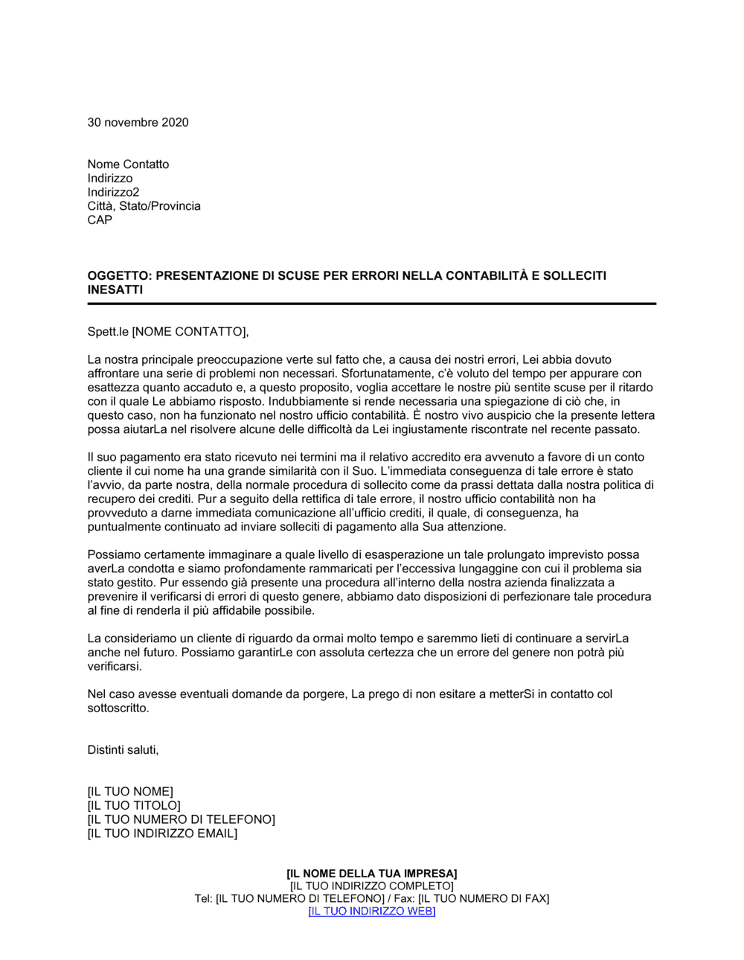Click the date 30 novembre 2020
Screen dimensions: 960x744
coord(138,123)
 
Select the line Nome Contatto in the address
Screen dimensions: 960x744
coord(128,164)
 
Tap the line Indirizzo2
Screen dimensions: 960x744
coord(113,192)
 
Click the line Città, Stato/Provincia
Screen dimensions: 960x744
coord(144,206)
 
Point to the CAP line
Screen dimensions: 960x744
coord(100,220)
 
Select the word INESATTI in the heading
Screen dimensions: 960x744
coord(115,290)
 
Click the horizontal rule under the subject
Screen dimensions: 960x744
coord(372,304)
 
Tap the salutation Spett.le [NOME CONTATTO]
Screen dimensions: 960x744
coord(168,332)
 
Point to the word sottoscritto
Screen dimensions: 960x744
coord(118,708)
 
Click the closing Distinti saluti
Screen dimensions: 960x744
coord(123,750)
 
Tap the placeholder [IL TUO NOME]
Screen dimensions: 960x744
coord(130,792)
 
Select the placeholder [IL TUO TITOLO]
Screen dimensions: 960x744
coord(134,806)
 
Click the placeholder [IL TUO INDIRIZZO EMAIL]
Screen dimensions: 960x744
coord(162,833)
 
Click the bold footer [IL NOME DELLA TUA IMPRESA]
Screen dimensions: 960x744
coord(372,874)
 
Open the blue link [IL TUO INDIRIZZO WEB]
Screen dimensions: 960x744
coord(372,912)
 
